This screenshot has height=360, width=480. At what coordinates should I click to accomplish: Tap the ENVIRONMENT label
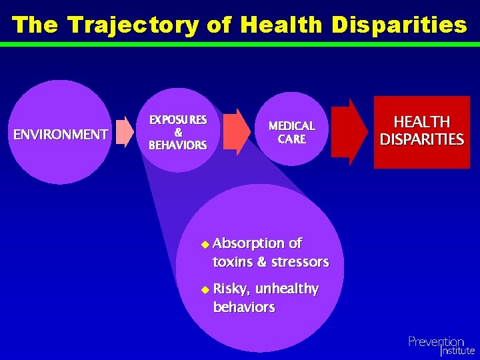coord(61,135)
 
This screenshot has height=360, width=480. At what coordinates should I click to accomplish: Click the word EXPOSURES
coord(178,120)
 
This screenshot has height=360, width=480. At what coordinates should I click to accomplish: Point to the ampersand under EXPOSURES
coord(178,132)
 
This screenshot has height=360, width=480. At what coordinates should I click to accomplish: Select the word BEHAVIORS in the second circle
coord(178,145)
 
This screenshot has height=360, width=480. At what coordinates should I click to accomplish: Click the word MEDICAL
coord(291,126)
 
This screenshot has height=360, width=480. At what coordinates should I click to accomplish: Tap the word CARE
coord(291,139)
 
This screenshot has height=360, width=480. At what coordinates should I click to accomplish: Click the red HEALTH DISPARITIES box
coord(421,131)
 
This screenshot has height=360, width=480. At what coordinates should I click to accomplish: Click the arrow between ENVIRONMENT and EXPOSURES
coord(125,131)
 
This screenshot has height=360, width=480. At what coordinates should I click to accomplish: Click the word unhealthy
coord(287,289)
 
